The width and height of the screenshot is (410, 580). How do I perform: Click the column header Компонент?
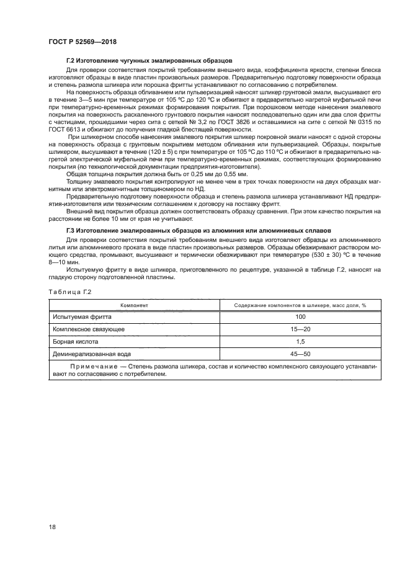coord(133,305)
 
